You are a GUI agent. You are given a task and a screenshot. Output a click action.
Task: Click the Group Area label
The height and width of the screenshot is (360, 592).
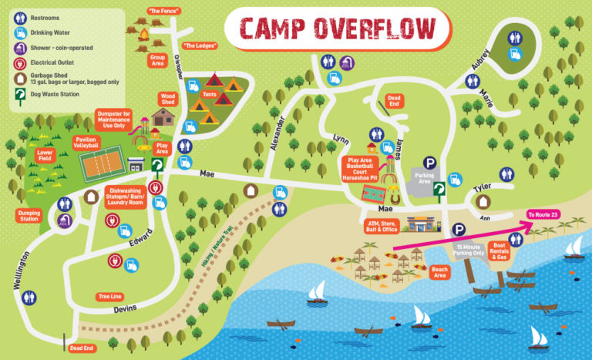(x=158, y=59)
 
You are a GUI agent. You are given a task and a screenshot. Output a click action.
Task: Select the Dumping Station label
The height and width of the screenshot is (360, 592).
(x=28, y=217)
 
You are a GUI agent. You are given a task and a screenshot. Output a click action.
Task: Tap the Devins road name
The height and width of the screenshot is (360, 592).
(x=124, y=310)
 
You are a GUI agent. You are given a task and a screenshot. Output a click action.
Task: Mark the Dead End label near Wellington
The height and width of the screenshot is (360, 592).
(x=81, y=348)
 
